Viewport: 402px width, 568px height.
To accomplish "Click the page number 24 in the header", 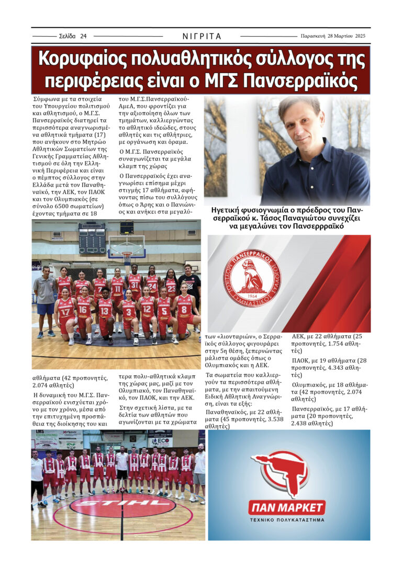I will click(x=83, y=37).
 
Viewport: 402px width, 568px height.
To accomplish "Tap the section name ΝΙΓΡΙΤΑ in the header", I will click(x=202, y=37).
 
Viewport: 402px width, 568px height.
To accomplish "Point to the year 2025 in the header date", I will click(x=358, y=37).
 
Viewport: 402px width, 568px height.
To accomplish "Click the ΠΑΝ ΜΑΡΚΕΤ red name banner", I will click(x=287, y=507).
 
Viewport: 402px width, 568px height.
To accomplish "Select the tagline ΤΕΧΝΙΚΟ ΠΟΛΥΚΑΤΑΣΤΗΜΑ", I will click(x=287, y=520).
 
